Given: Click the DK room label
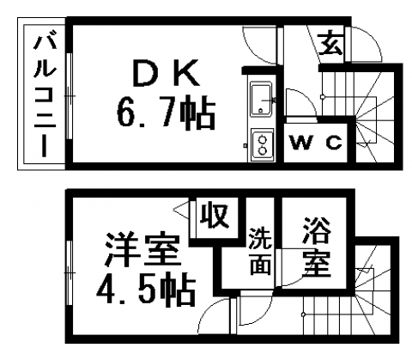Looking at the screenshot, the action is tap(167, 73).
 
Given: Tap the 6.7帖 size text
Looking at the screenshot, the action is tap(166, 112).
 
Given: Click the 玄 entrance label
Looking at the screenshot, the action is tap(330, 44).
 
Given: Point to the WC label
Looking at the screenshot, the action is tap(316, 142).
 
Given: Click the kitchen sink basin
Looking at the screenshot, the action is tap(261, 99).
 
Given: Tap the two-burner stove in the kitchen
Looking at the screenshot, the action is tap(262, 145).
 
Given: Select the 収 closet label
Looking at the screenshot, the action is tap(215, 217).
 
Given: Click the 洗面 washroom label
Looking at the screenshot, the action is tap(260, 251).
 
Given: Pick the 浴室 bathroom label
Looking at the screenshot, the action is tap(317, 247).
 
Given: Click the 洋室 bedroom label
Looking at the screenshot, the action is tap(142, 249).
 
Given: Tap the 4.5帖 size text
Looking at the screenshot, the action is tap(146, 290).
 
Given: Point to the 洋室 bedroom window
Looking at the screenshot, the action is tap(69, 272).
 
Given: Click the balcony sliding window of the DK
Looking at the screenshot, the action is tap(69, 96).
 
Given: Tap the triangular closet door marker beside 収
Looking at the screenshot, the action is tap(181, 210).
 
